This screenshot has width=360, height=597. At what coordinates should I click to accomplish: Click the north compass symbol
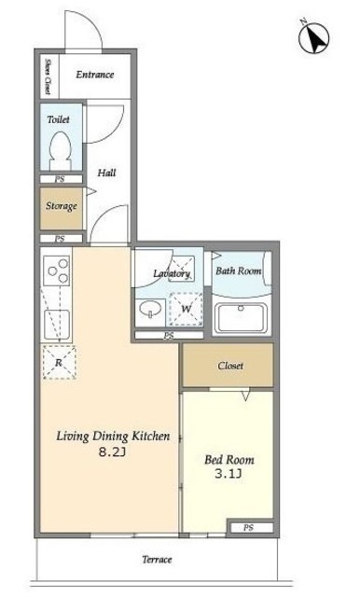pos(313,37)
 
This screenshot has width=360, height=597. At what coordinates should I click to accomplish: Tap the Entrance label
pos(95,75)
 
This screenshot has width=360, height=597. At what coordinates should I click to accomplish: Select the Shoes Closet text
pos(48,76)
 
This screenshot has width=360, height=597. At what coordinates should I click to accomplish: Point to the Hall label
pos(107,173)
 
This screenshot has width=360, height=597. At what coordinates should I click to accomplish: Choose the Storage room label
pos(62,206)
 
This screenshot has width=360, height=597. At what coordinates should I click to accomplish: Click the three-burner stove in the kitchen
pos(56,271)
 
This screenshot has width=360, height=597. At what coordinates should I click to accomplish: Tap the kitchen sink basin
pos(57,324)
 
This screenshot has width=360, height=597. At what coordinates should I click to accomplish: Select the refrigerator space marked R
pos(59,363)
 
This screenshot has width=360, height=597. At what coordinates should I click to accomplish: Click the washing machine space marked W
pos(186,309)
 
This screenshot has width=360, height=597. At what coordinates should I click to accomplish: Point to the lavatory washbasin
pos(150,310)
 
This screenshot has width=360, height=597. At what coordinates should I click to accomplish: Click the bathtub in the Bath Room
pos(240,318)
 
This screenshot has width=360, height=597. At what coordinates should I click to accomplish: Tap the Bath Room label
pos(239,271)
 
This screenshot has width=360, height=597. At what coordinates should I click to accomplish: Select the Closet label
pos(230,366)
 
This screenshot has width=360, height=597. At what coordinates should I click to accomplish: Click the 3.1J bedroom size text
pos(228,474)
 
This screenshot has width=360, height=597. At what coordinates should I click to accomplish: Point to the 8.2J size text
pos(112,451)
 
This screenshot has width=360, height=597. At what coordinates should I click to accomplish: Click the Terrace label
pos(158,560)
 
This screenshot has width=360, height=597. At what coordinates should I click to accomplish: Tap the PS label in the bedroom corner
pos(248,528)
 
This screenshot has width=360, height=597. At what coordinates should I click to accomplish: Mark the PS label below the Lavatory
pos(169,336)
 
